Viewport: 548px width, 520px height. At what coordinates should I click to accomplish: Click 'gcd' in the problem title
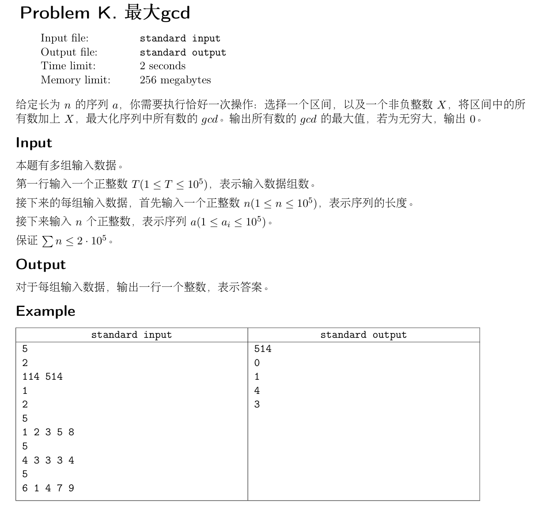coord(175,13)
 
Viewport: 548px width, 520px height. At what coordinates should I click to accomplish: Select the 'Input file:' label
coord(64,38)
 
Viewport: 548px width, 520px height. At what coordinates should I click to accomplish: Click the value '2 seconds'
coord(163,66)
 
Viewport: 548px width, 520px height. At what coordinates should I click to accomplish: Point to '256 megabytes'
coord(175,80)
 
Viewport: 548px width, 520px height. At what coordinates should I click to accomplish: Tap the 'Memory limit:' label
coord(76,80)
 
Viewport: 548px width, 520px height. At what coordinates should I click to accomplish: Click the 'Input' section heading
coord(34,143)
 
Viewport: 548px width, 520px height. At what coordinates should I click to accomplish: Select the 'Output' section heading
coord(41,265)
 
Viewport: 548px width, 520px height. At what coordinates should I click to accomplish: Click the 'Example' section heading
coord(45,311)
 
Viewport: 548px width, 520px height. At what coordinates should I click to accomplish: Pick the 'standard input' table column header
coord(131,335)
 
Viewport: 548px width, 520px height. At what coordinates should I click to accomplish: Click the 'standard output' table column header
coord(363,335)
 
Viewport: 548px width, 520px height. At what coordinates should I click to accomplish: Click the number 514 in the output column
coord(263,349)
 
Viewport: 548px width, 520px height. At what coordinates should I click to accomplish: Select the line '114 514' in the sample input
coord(42,377)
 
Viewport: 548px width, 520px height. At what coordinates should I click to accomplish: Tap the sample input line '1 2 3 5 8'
coord(48,432)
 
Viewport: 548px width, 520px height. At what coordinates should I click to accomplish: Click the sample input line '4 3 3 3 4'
coord(48,460)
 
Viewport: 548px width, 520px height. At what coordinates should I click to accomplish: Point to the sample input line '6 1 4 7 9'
coord(48,488)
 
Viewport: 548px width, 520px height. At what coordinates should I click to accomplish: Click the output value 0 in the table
coord(257,363)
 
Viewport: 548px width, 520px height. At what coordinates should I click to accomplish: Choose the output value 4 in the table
coord(257,391)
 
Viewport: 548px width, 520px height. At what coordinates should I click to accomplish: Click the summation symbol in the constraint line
coord(47,241)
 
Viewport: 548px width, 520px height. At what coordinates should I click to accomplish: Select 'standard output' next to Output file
coord(183,52)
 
